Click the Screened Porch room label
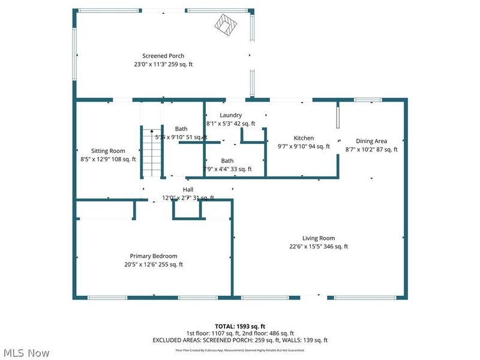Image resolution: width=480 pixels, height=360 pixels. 163,56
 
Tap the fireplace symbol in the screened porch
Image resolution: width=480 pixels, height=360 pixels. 228,26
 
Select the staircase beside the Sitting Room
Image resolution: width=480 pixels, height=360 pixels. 152,152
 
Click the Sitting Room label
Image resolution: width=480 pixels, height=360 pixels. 108,151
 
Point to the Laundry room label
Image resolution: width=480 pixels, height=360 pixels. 231,115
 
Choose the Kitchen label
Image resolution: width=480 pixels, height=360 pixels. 304,137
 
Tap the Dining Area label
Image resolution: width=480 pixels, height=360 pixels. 371,141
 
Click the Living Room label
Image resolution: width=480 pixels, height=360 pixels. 319,238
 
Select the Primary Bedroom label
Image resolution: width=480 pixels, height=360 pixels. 153,256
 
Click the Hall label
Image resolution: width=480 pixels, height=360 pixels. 188,190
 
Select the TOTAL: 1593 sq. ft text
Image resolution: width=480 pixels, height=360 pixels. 240,326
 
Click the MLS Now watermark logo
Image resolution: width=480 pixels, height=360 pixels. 27,353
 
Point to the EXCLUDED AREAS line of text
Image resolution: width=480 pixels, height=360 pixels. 240,340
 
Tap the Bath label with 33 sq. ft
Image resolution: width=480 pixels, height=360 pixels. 227,161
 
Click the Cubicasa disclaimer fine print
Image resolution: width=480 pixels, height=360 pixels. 240,349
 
